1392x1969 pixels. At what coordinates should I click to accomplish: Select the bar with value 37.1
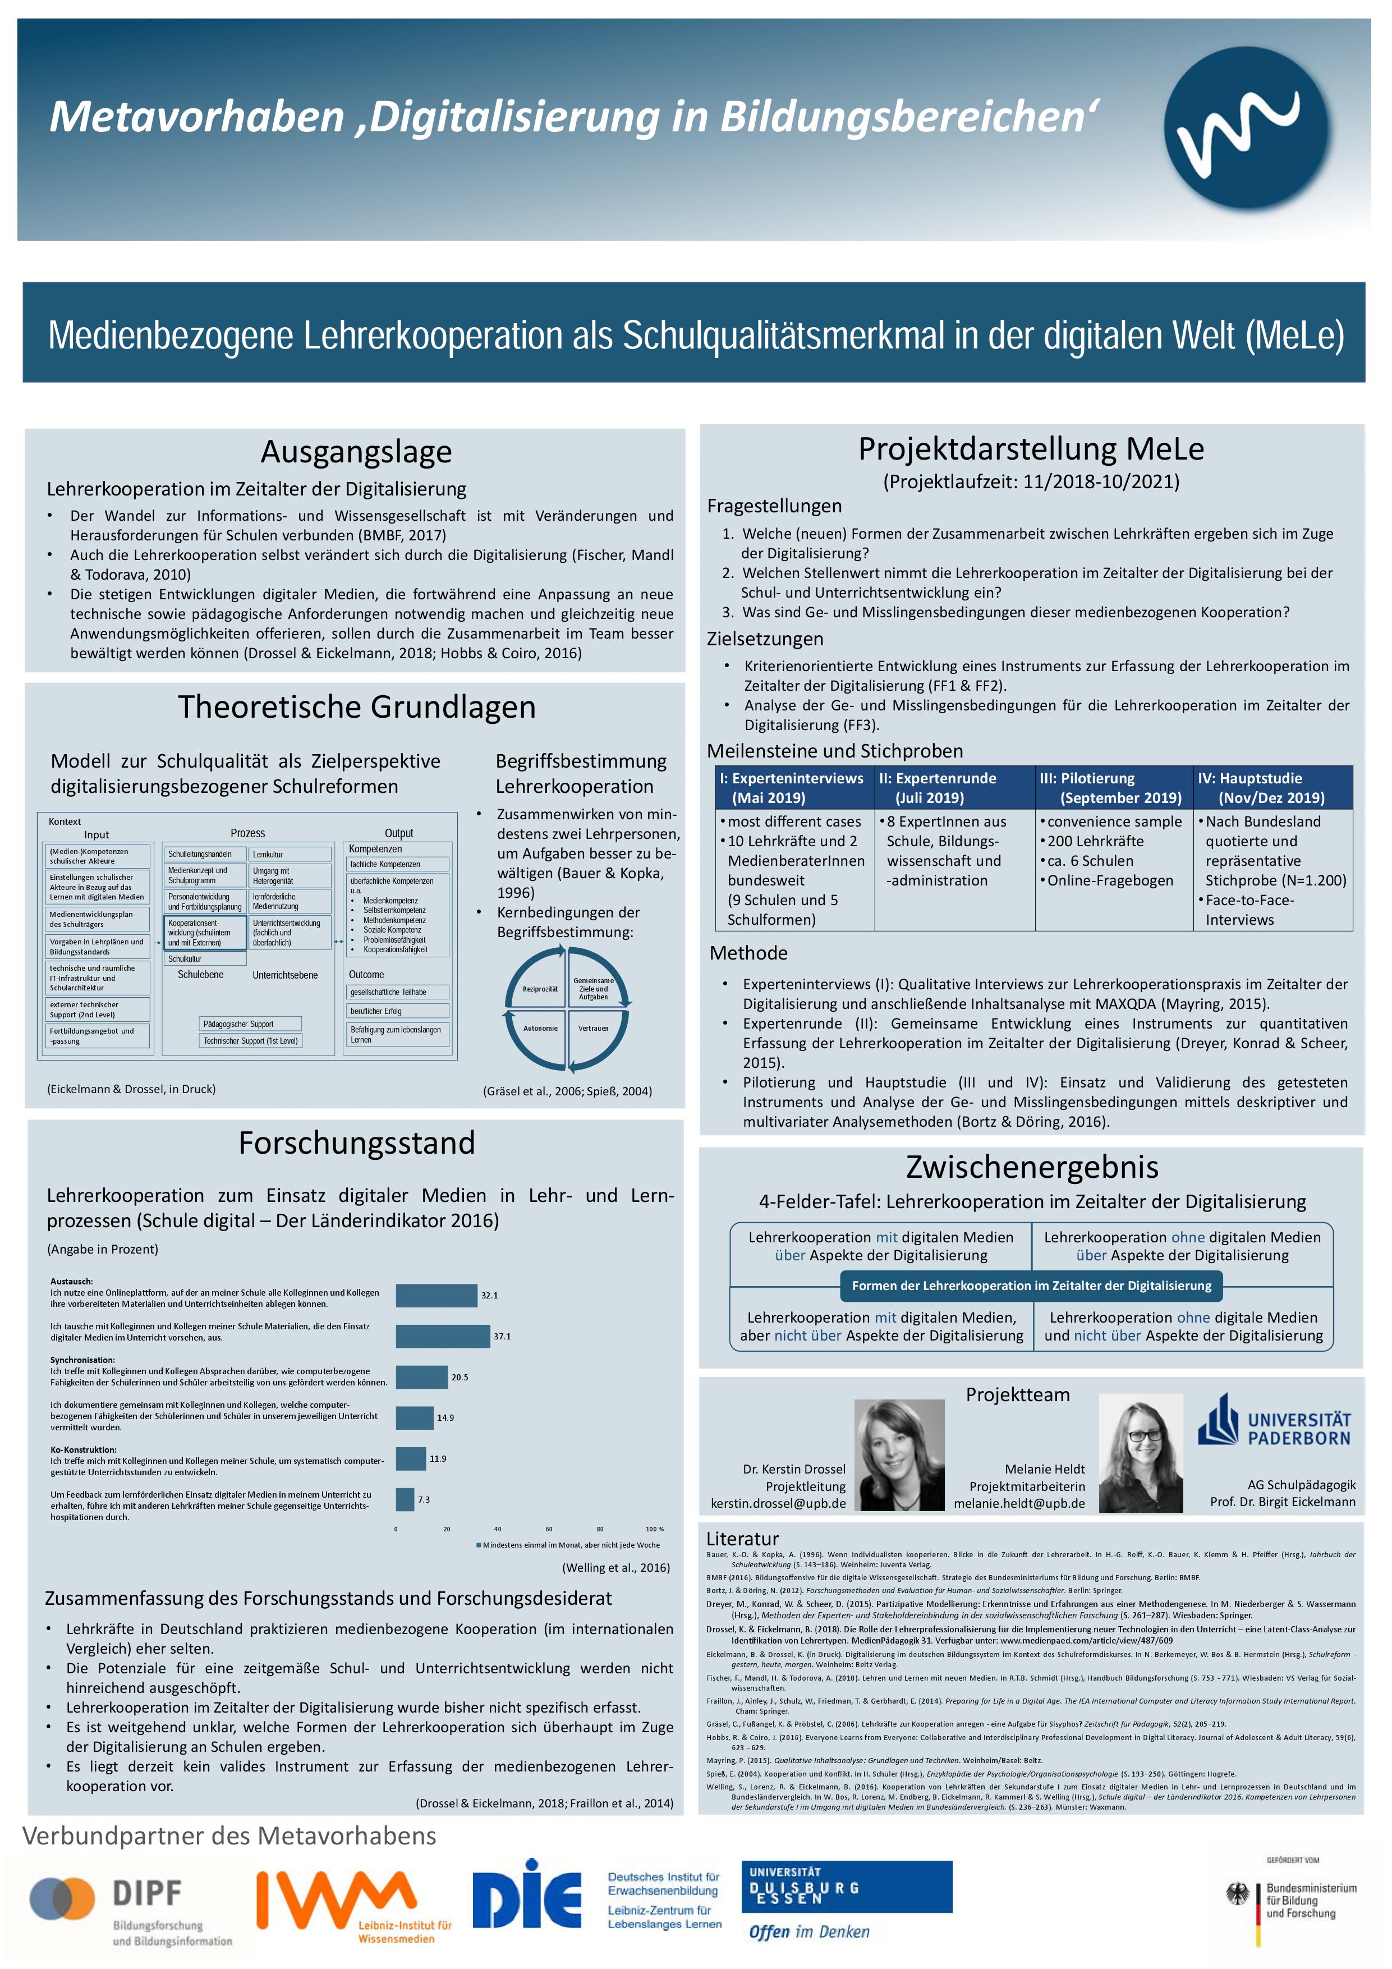click(443, 1336)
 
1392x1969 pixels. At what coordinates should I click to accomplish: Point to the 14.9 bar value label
click(445, 1417)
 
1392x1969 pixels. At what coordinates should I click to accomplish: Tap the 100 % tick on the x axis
click(654, 1529)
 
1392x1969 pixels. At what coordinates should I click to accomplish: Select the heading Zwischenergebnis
click(1032, 1167)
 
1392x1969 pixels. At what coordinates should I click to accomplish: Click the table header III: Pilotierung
click(1113, 787)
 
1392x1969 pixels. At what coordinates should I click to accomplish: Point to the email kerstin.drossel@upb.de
click(777, 1503)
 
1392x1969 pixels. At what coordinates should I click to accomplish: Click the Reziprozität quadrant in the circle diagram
click(540, 989)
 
